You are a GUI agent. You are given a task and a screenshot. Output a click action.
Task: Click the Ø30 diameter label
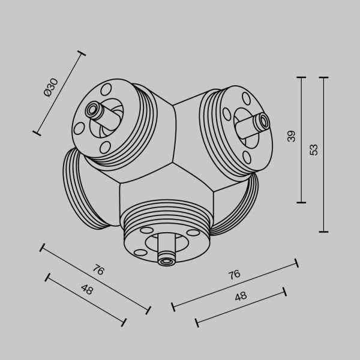point(51,88)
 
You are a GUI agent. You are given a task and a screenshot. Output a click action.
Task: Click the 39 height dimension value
point(292,136)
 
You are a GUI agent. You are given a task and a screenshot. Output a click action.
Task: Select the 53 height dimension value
point(314,149)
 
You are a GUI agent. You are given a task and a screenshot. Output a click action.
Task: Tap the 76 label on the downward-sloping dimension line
point(98,270)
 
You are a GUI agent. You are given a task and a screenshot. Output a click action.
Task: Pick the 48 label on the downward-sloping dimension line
point(87,290)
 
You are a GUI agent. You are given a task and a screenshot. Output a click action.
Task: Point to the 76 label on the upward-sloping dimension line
point(234,274)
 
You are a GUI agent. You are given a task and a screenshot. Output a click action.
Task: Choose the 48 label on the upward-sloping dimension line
point(241,296)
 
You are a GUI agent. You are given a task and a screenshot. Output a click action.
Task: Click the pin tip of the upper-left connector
point(92,110)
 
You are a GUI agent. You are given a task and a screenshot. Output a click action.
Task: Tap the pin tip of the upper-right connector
point(263,122)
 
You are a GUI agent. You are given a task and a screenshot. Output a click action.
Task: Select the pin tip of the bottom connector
point(165,260)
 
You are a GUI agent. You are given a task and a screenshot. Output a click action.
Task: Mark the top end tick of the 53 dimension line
point(324,77)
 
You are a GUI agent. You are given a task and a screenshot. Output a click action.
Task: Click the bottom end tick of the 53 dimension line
point(324,231)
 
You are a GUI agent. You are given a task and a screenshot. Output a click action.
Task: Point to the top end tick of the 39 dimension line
point(301,77)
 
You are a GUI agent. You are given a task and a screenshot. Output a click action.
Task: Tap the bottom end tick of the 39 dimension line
point(301,202)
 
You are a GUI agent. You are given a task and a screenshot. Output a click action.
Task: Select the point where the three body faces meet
point(175,163)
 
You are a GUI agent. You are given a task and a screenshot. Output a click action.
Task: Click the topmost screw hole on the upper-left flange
point(107,90)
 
